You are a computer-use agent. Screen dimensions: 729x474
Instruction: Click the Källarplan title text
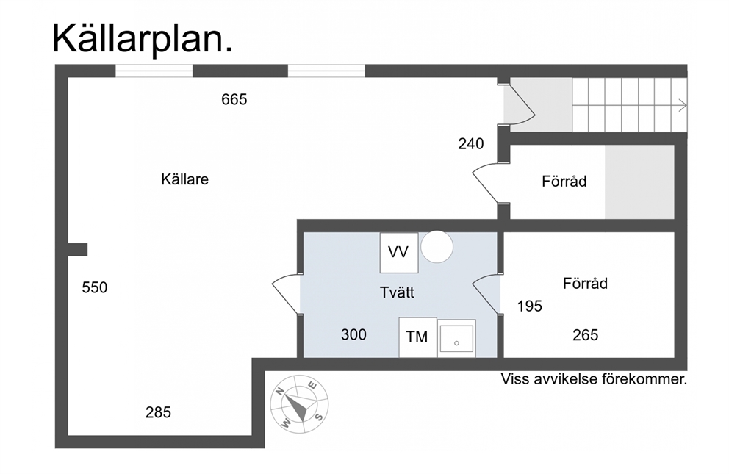coord(143,38)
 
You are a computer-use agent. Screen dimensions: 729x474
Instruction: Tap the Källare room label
coord(184,179)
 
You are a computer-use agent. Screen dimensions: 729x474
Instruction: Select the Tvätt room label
coord(397,292)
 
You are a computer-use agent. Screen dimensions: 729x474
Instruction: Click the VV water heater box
coord(398,253)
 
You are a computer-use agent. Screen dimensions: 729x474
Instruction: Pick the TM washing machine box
coord(417,337)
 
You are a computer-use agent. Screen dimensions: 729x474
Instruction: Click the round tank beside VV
coord(437,247)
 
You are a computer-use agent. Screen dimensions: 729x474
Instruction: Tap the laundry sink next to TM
coord(456,339)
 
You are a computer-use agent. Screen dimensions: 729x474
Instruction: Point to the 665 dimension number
coord(234,99)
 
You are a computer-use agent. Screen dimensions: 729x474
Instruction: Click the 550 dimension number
coord(94,287)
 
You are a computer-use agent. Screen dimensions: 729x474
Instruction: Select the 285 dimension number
coord(158,412)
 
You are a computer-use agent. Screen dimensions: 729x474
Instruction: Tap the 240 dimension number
coord(470,144)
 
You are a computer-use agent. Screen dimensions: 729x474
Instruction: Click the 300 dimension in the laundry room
coord(353,334)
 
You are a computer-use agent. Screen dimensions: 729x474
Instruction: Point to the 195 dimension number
coord(530,306)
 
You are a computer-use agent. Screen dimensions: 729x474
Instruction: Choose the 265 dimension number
coord(586,335)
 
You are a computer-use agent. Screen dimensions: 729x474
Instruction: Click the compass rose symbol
coord(299,404)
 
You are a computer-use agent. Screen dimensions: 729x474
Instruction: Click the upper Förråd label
coord(564,182)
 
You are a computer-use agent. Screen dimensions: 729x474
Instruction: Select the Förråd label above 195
coord(585,284)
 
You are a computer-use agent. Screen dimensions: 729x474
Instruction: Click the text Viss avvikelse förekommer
coord(594,379)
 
